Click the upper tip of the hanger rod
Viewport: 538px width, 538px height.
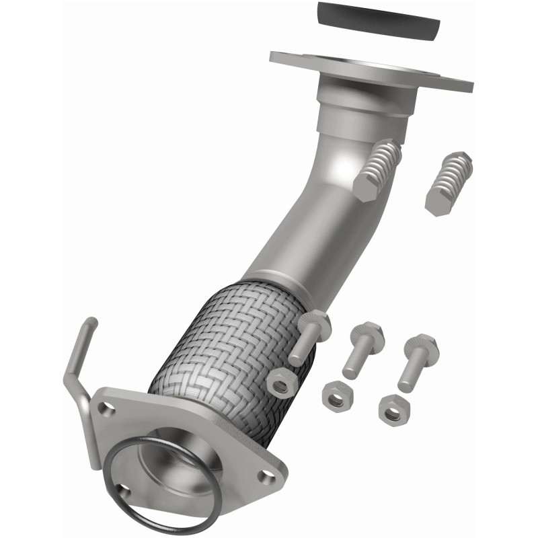pos(90,323)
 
